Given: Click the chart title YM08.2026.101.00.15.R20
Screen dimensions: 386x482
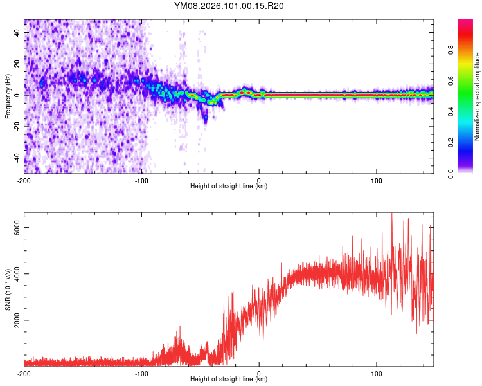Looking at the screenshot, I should point(229,6).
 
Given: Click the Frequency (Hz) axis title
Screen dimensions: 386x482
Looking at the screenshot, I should point(8,96).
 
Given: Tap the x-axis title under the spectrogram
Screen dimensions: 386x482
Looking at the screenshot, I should point(229,186).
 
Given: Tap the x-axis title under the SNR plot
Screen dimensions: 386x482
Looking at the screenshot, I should point(229,380).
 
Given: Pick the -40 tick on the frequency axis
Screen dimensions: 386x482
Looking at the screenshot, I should point(16,158).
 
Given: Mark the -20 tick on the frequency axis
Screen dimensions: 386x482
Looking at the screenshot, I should point(16,127).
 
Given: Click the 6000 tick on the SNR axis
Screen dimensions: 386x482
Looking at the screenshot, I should point(17,228).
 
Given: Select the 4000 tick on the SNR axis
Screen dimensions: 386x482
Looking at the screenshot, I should point(17,274).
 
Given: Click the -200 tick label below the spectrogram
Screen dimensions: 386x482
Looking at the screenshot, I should point(24,180).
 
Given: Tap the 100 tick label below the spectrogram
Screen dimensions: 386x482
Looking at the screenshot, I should point(376,180).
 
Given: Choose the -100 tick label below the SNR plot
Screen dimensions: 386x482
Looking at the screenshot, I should point(141,373).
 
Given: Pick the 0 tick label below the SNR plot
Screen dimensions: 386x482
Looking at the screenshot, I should point(259,373).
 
